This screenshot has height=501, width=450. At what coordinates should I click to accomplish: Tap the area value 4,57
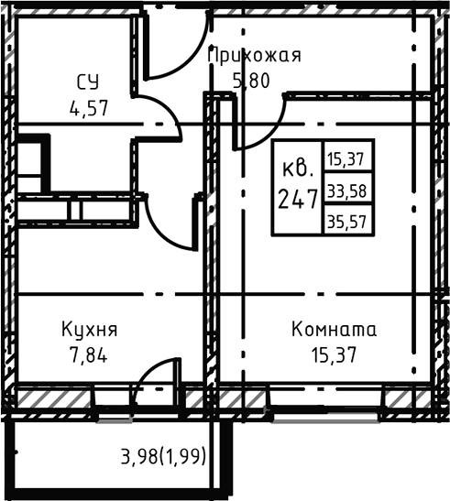[89, 106]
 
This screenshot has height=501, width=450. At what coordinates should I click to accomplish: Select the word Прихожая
[255, 56]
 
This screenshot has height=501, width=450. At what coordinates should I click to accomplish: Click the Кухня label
[89, 329]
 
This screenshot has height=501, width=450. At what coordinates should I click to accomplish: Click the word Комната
[334, 329]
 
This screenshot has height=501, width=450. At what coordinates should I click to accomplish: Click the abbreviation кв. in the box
[299, 169]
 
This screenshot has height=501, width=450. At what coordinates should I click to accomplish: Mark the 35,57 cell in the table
[345, 220]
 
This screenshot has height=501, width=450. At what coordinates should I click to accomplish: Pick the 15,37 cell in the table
[345, 158]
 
